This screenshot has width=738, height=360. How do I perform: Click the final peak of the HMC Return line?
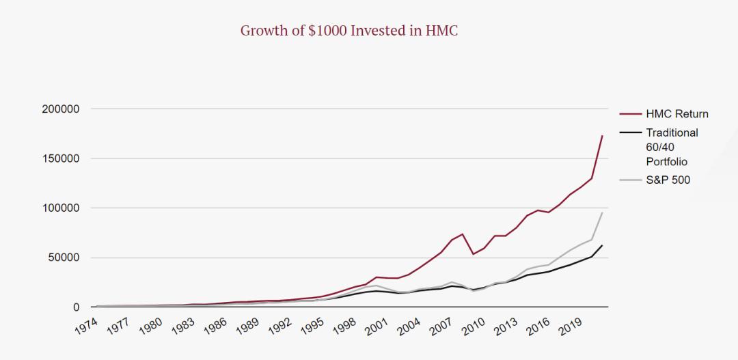click(602, 135)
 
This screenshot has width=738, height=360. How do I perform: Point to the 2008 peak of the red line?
click(463, 234)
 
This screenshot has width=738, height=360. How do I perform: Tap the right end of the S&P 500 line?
click(602, 212)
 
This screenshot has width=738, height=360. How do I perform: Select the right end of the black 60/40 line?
click(602, 245)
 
